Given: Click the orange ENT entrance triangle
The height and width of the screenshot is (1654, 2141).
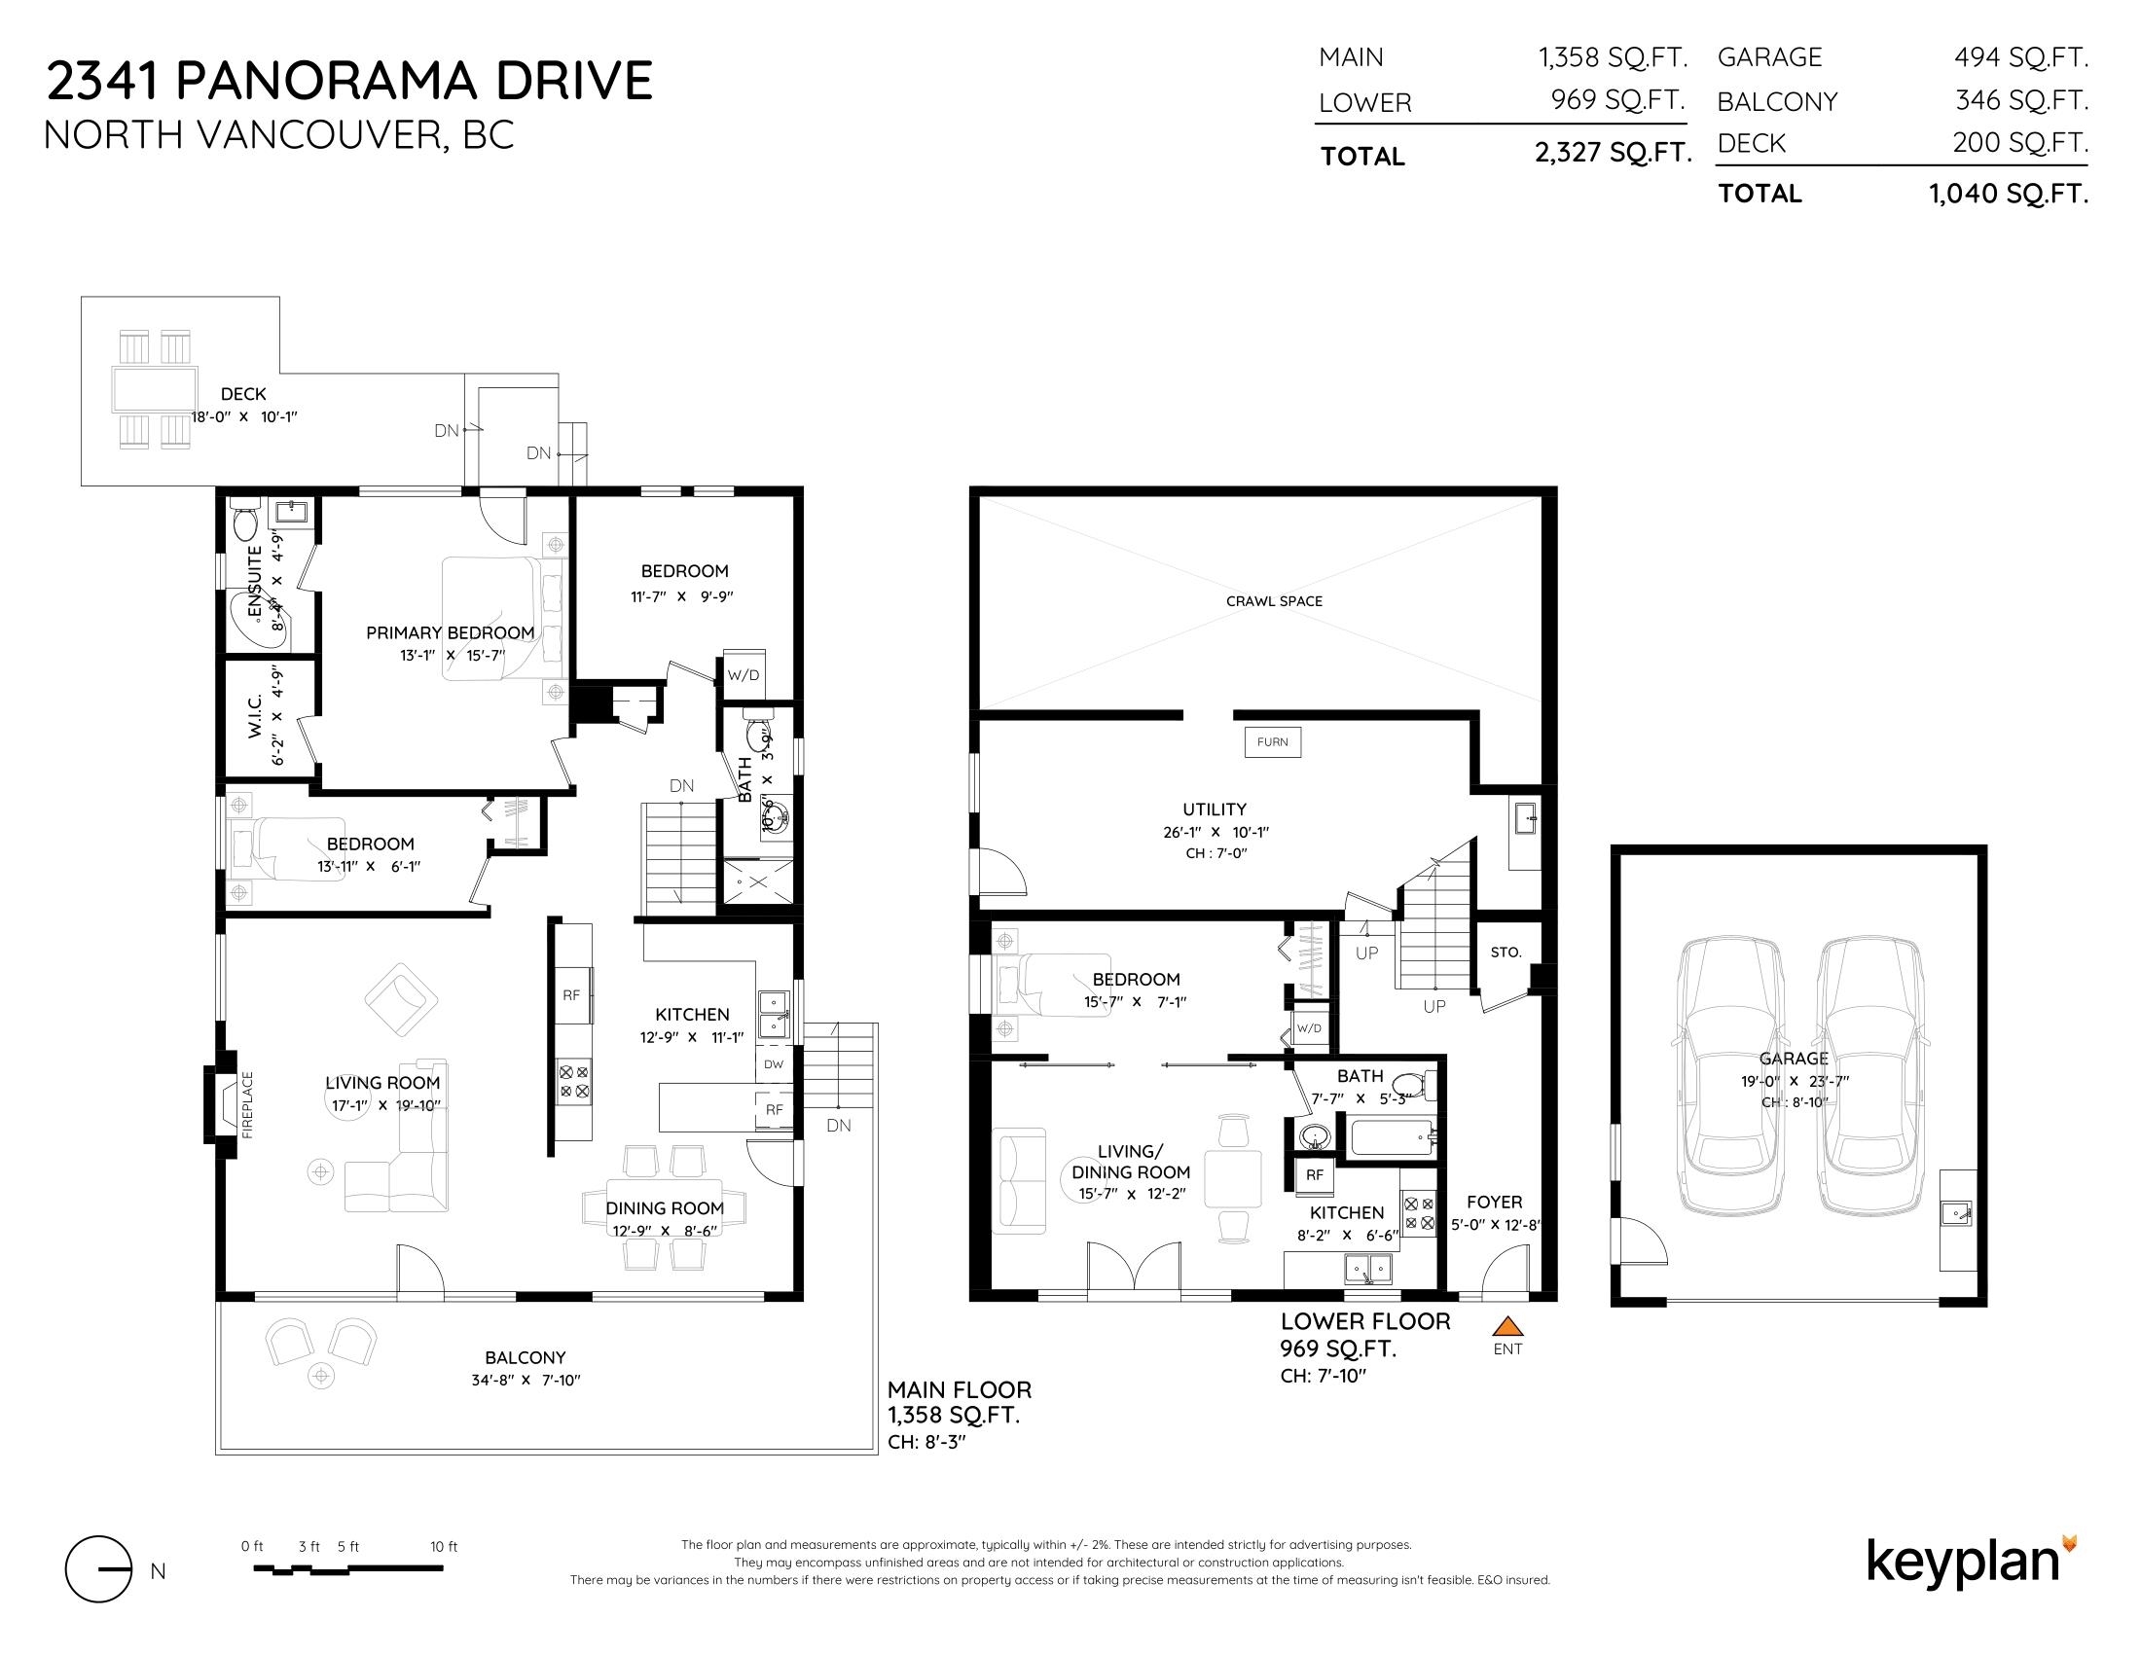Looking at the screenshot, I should coord(1506,1327).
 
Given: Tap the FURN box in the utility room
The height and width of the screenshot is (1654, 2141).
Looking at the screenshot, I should coord(1273,741).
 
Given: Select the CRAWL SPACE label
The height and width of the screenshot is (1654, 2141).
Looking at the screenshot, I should coord(1274,600).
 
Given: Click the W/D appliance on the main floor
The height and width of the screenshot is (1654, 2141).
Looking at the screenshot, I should coord(744,674).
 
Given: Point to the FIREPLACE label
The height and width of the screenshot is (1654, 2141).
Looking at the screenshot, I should coord(247,1104).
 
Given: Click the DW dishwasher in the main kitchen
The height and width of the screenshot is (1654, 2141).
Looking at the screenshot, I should coord(774,1063).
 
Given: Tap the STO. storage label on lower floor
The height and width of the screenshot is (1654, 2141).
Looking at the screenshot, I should coord(1506,952).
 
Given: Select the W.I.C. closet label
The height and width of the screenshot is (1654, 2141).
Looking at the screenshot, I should coord(254,716).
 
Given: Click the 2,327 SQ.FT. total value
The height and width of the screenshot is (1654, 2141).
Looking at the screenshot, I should coord(1614,153).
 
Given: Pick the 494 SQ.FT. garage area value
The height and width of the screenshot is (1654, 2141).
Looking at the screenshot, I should coord(2020,57).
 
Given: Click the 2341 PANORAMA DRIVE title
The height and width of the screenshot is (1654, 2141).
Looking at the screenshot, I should coord(349,81).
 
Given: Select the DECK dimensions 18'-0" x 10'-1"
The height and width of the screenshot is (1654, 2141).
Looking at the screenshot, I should coord(243,416).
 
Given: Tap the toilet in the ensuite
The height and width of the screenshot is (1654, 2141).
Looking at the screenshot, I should coord(244,521).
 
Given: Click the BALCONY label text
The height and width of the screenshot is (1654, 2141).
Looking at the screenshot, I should coord(526,1357).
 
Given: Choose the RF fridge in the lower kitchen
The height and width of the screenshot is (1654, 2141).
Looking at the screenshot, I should coord(1315,1175).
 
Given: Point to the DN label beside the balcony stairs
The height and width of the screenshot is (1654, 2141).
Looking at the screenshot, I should coord(838,1126).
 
